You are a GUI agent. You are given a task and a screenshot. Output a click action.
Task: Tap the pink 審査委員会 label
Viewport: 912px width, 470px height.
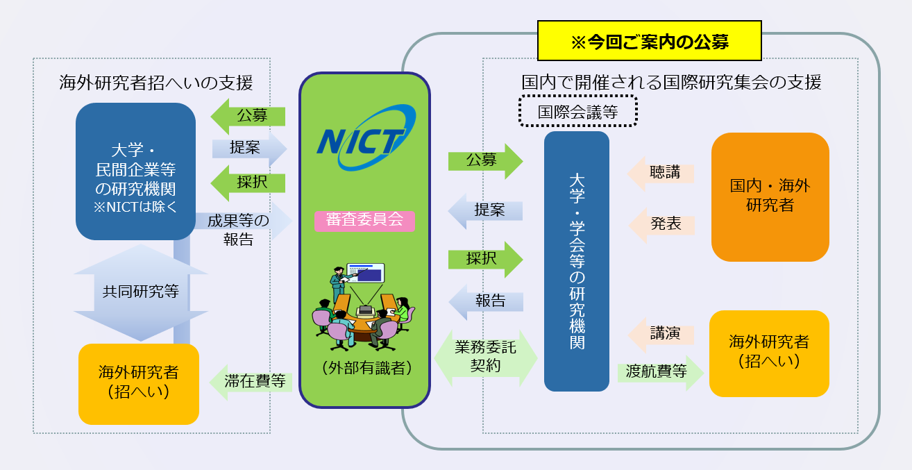[364, 221]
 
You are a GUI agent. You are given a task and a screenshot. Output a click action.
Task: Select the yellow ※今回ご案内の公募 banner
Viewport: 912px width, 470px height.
[649, 42]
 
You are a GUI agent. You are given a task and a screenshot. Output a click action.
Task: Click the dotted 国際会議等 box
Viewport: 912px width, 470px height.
[577, 111]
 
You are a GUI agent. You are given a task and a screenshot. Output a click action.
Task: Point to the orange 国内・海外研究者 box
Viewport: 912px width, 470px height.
[770, 196]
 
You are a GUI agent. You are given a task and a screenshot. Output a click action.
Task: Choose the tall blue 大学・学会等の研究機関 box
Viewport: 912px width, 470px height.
[576, 261]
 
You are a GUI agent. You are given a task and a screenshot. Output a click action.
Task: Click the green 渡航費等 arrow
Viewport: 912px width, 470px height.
[659, 371]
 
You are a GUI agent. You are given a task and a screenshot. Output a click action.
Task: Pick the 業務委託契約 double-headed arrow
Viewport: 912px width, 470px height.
[486, 358]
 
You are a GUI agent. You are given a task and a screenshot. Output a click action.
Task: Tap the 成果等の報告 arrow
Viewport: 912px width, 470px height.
[243, 229]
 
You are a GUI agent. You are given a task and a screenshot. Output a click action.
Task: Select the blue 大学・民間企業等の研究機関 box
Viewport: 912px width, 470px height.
[135, 171]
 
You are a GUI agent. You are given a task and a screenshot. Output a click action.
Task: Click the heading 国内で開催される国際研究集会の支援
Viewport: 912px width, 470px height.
[671, 83]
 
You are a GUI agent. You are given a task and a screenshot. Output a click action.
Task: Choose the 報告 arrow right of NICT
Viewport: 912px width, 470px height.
[486, 301]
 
